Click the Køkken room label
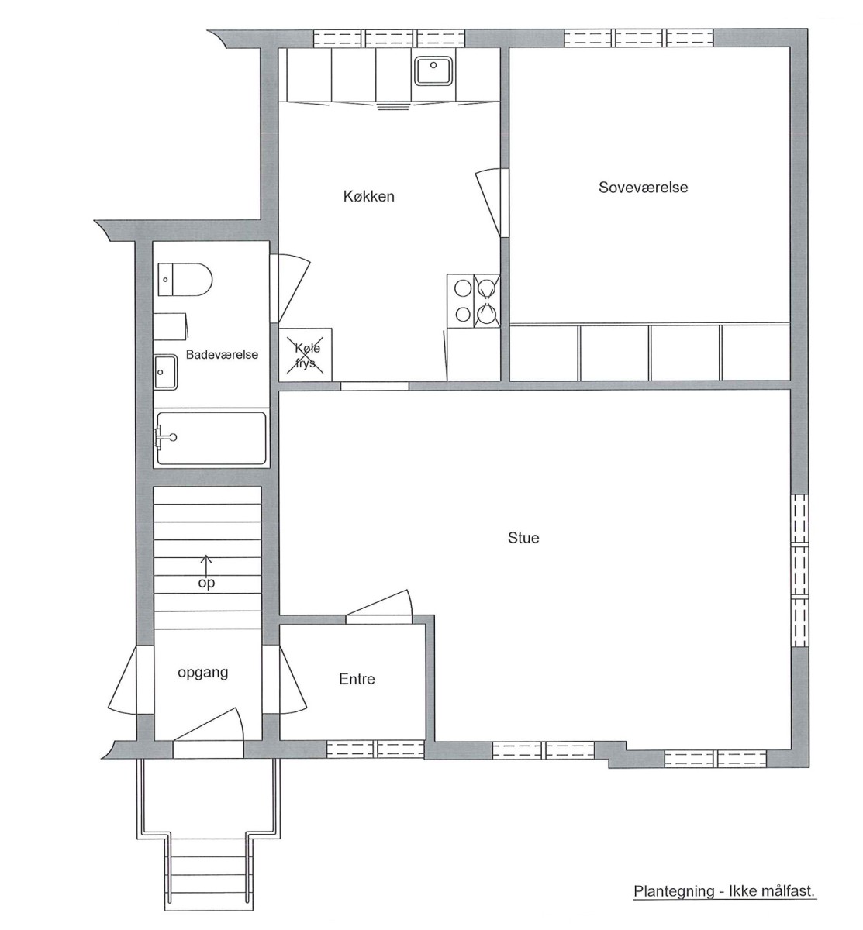(x=369, y=196)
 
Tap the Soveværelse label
(x=644, y=188)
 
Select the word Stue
(x=523, y=538)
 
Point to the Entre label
(x=357, y=679)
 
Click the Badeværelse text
(x=222, y=354)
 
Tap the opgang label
(x=203, y=673)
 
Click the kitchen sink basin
(x=433, y=71)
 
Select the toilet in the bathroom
(x=185, y=280)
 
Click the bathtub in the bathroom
(x=212, y=439)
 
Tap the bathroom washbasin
(x=166, y=372)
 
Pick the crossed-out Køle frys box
(x=306, y=354)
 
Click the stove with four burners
(x=474, y=301)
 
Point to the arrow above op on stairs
(x=205, y=565)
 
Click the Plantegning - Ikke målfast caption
(x=724, y=890)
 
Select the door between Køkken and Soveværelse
(x=492, y=203)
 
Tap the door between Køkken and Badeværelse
(x=290, y=288)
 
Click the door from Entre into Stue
(x=379, y=607)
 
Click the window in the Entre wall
(x=375, y=749)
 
